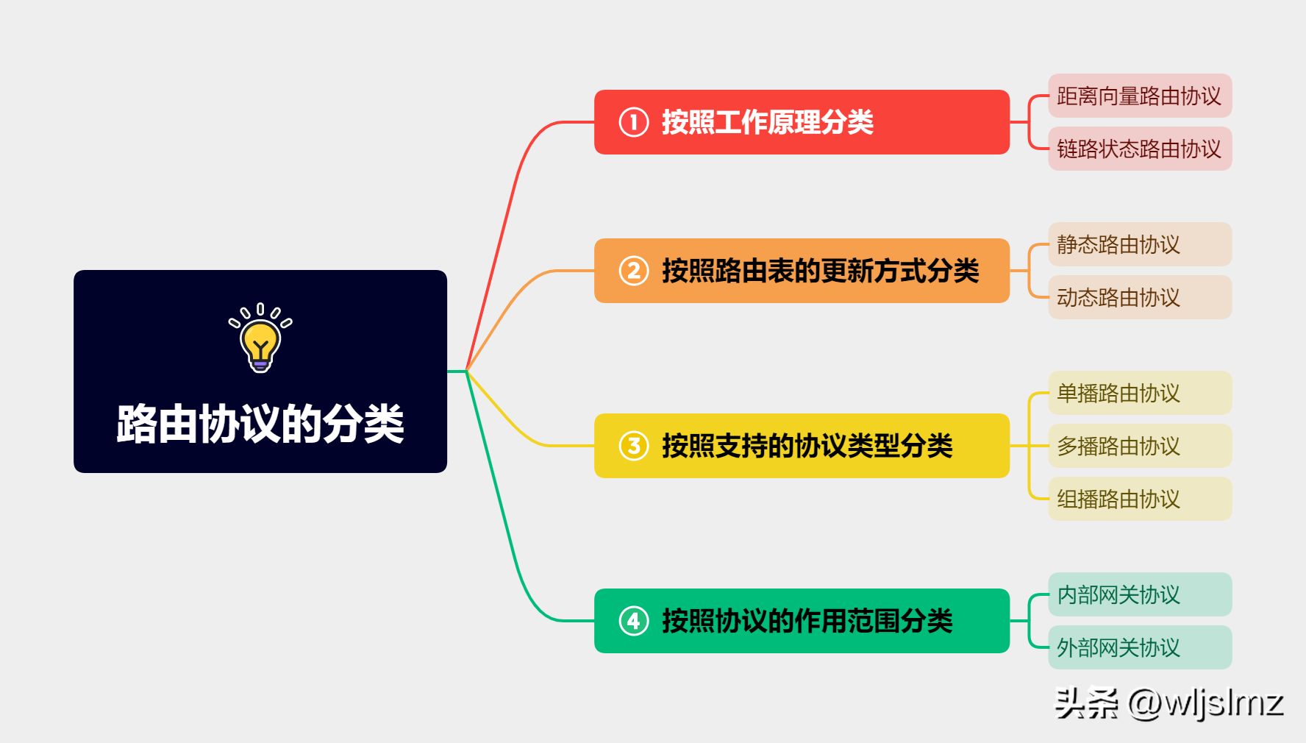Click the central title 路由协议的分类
(260, 424)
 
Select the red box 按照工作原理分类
(802, 122)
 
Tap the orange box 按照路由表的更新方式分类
(802, 271)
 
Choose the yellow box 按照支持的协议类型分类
(802, 446)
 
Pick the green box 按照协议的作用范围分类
(802, 621)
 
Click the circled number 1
(634, 122)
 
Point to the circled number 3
(634, 446)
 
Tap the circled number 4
(634, 621)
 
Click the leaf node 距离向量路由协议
(1140, 96)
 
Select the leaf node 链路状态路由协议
(1140, 149)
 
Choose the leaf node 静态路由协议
(1140, 244)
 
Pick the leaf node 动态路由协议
(1140, 297)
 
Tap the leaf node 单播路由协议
(1140, 393)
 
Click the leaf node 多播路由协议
(1140, 446)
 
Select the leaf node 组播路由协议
(1140, 499)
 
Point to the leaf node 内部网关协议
(1140, 594)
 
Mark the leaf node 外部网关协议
(1140, 647)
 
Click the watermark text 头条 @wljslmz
(1169, 703)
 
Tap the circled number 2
(634, 271)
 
